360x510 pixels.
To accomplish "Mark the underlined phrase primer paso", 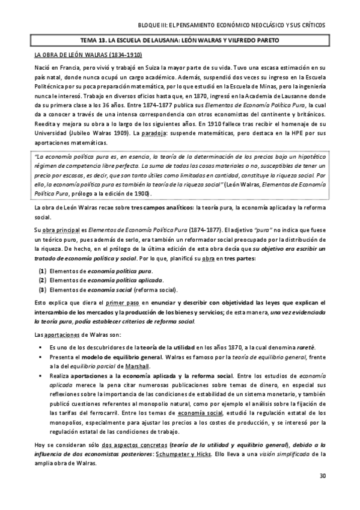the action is point(123,303).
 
